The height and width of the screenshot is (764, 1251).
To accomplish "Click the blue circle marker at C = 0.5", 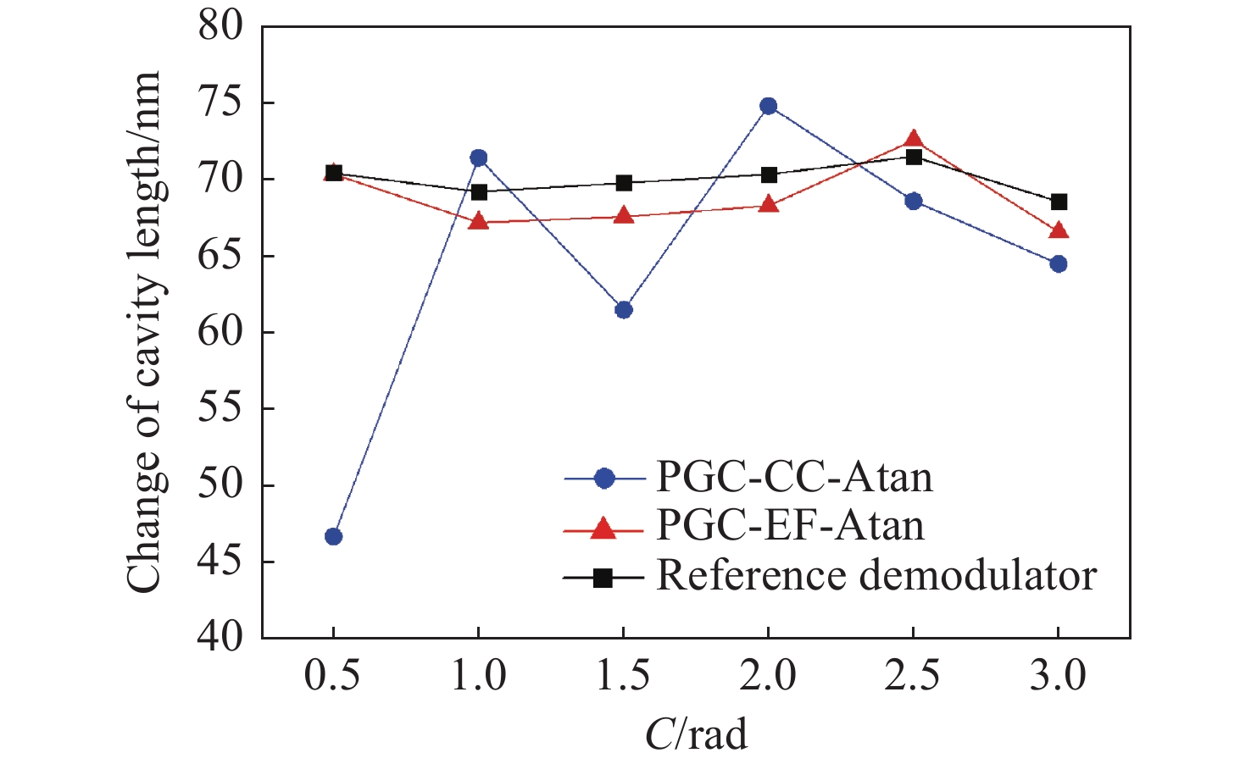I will tap(333, 536).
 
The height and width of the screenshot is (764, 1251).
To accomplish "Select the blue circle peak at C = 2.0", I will tap(768, 106).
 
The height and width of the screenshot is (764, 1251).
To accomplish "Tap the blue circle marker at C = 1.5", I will tap(623, 310).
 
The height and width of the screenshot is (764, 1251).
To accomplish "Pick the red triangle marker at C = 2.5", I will tap(913, 140).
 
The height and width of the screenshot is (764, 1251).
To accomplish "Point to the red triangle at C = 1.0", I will tap(478, 222).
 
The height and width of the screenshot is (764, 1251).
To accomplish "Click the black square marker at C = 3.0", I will tap(1058, 202).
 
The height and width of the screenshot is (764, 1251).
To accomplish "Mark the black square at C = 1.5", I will tap(623, 183).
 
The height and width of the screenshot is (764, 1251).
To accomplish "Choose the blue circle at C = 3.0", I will tap(1058, 264).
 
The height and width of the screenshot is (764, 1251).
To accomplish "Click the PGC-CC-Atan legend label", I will tap(794, 478).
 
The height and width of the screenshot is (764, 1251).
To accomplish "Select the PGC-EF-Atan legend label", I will tap(790, 526).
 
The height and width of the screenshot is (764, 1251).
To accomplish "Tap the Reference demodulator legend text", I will tap(876, 576).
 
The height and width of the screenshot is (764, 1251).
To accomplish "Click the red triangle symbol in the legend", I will tap(603, 529).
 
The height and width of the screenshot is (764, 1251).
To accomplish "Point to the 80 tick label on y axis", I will tap(220, 26).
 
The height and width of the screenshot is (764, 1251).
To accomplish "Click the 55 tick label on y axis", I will tap(220, 408).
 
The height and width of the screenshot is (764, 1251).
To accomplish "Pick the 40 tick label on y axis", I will tap(220, 637).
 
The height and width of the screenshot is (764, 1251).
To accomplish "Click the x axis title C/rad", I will tap(696, 734).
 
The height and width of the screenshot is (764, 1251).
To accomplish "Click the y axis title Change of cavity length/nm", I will tap(144, 332).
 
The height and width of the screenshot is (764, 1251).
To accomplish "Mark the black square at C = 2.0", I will tap(768, 175).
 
